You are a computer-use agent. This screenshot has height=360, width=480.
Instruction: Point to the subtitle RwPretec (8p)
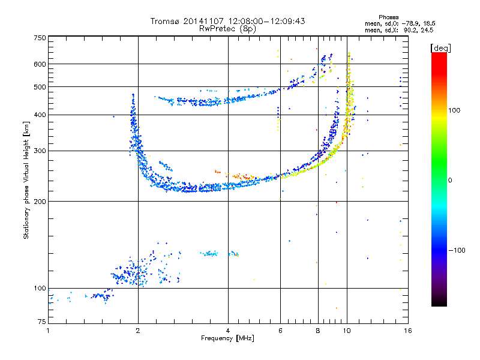(227, 29)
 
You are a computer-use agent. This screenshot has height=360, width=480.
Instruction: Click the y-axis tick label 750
(40, 38)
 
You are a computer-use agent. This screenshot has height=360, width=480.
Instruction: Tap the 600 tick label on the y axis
(40, 64)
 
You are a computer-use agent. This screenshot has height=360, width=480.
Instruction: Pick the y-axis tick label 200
(40, 202)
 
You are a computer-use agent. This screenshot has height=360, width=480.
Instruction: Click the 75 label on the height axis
(42, 322)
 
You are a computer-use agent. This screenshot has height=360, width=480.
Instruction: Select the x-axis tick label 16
(408, 331)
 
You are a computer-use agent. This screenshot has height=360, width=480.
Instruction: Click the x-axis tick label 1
(48, 331)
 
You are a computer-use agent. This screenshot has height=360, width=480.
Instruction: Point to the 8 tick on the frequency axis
(318, 331)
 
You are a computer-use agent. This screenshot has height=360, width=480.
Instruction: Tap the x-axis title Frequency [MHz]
(227, 338)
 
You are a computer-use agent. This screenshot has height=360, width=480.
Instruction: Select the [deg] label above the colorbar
(440, 48)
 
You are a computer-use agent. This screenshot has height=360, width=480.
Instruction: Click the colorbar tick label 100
(454, 110)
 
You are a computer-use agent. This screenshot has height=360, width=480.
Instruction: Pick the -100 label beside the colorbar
(457, 250)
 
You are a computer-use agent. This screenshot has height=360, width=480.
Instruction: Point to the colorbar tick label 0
(450, 181)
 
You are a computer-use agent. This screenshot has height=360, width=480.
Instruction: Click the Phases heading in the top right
(388, 17)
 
